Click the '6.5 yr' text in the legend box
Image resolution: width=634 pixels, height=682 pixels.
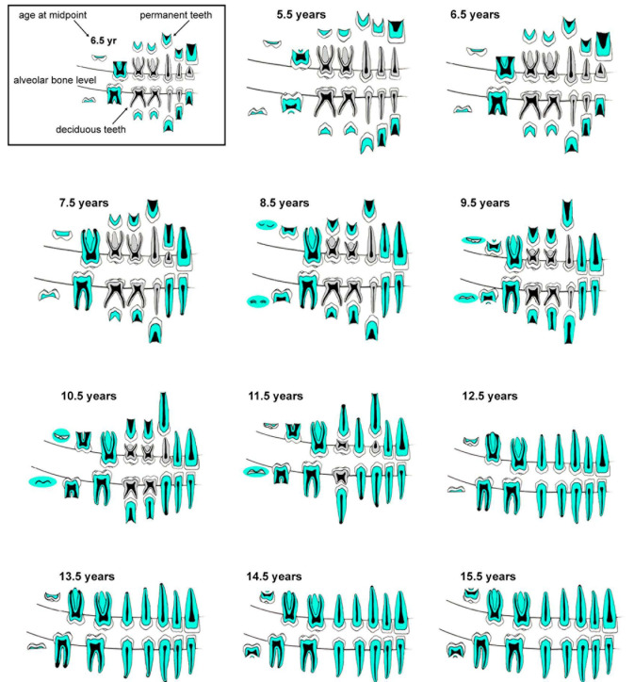(100, 41)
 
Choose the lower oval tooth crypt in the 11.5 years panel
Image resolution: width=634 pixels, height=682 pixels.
(255, 470)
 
